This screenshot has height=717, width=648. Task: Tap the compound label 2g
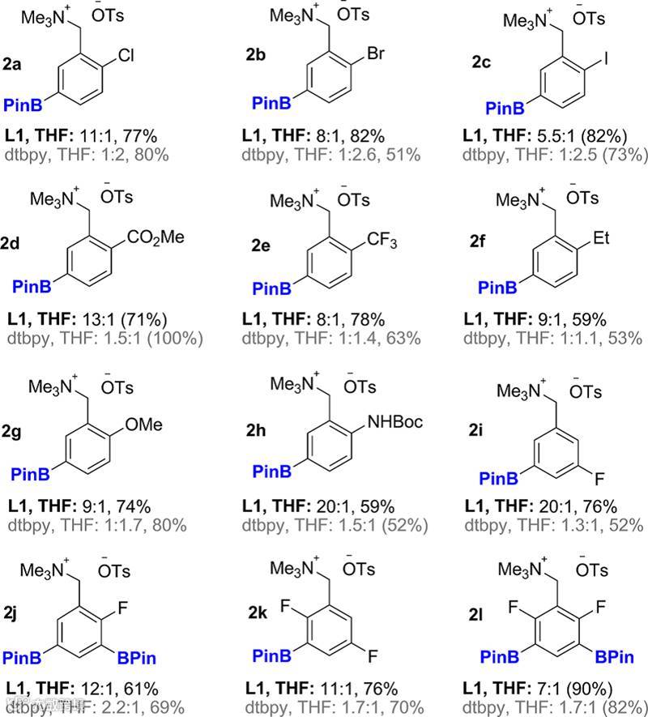(13, 433)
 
